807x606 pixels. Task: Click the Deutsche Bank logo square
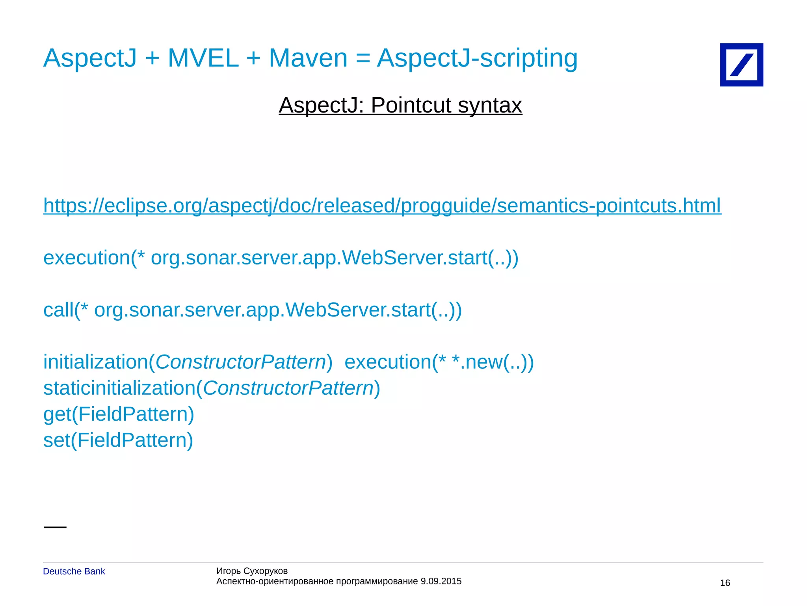741,65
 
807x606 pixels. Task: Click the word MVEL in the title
203,58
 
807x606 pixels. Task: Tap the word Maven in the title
308,58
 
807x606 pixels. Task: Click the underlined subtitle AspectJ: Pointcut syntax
400,105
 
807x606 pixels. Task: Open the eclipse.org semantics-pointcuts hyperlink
382,205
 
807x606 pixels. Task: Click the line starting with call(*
252,310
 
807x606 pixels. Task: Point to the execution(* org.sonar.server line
281,258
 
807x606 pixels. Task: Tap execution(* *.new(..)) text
439,362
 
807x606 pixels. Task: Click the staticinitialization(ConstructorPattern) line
212,388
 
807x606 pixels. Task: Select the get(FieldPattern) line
119,414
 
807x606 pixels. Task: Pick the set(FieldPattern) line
118,440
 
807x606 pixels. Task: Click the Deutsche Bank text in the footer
74,571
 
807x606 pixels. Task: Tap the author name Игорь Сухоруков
252,571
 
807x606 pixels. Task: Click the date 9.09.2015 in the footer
441,581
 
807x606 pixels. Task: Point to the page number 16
725,583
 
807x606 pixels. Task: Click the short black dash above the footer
55,527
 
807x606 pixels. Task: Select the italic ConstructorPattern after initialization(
240,362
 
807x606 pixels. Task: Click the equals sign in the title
363,58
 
